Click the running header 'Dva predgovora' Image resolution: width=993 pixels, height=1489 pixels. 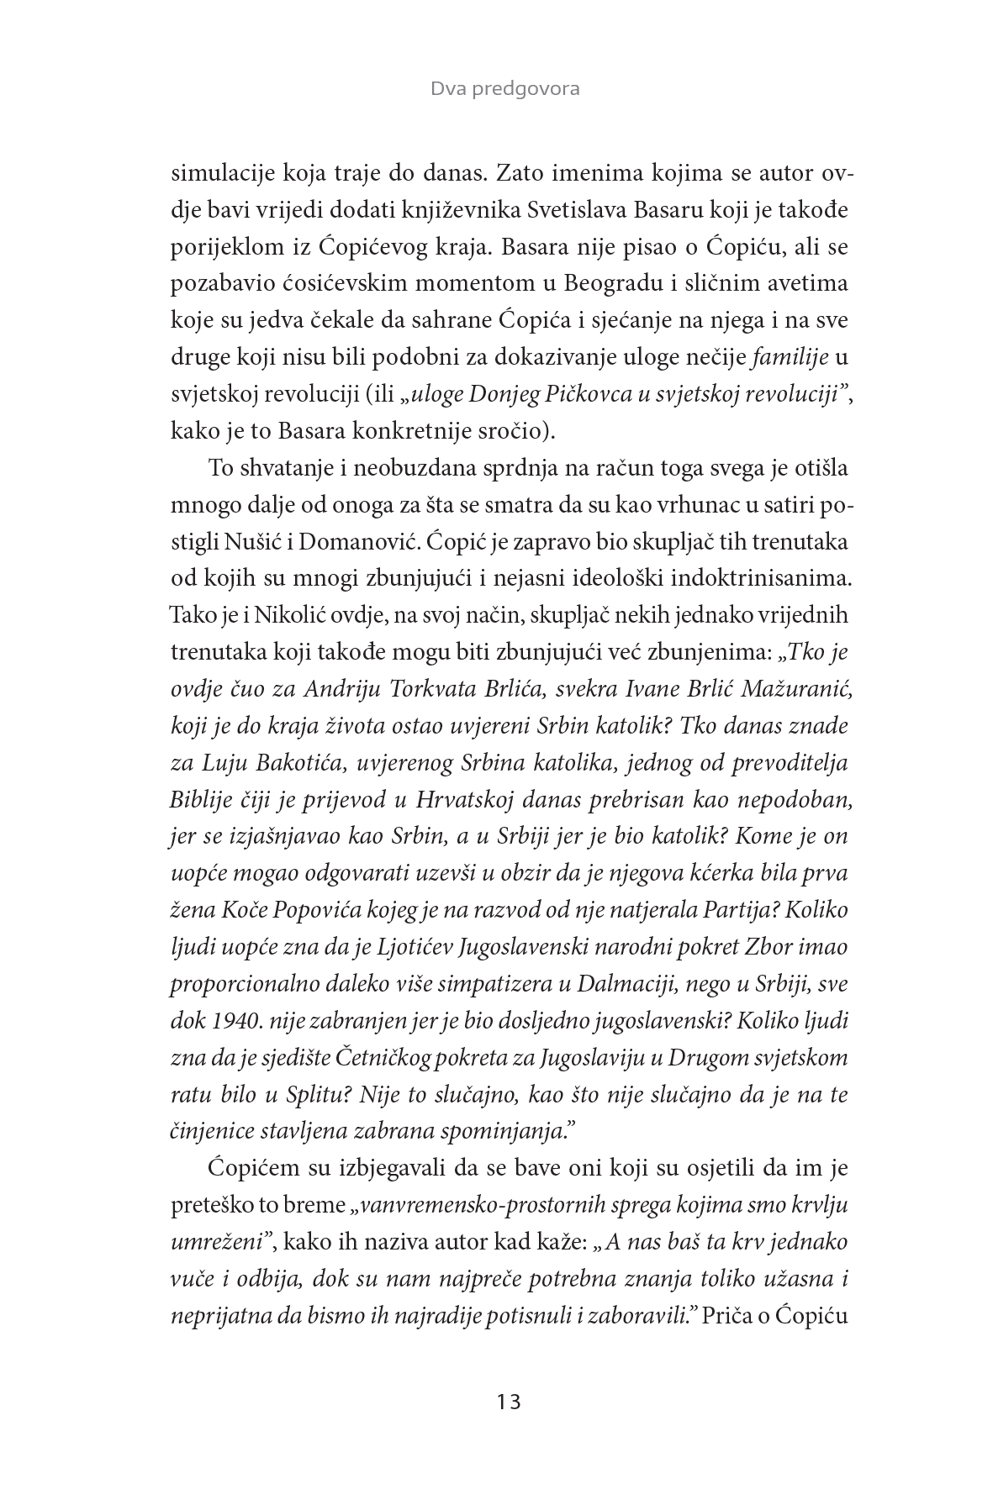[x=504, y=88]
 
